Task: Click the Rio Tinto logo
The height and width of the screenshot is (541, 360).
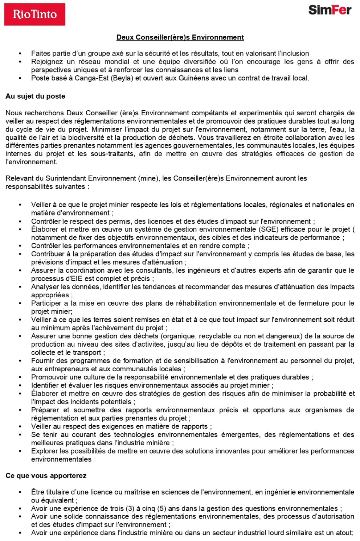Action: [35, 15]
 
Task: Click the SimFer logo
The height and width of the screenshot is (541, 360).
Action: [330, 10]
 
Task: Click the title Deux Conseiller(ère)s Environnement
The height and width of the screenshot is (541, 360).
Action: [180, 37]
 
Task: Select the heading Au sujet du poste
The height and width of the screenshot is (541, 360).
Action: [35, 96]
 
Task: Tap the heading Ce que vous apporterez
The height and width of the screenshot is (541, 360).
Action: [46, 476]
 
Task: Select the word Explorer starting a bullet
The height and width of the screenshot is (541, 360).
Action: [43, 451]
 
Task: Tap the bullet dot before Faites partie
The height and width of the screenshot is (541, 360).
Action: [20, 54]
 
